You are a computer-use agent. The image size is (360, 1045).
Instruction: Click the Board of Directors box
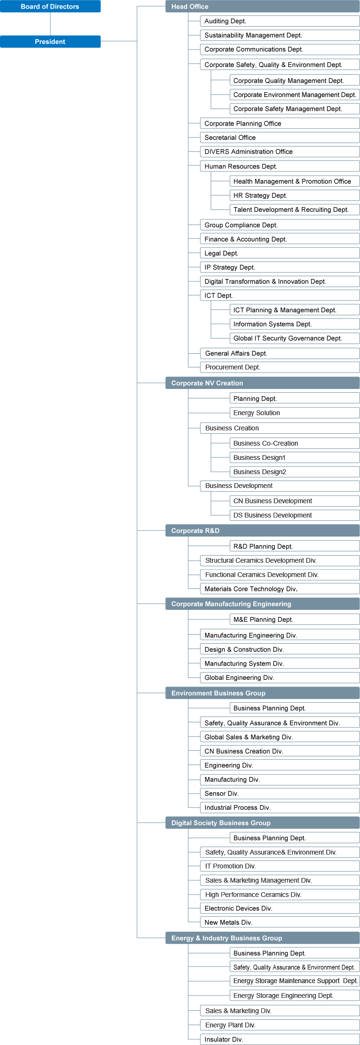(50, 7)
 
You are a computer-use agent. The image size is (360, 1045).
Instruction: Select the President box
(50, 42)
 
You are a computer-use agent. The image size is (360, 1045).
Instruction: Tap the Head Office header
(262, 7)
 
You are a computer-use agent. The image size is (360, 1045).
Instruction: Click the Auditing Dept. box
(280, 21)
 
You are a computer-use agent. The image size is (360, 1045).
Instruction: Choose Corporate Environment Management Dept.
(294, 95)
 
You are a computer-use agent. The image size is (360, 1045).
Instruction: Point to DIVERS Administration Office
(280, 151)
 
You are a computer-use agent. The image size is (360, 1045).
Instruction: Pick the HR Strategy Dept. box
(294, 195)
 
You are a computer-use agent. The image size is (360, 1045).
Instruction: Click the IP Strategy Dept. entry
(280, 267)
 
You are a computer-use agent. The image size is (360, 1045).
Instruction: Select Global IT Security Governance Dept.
(294, 338)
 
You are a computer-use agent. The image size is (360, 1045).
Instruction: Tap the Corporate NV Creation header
(262, 383)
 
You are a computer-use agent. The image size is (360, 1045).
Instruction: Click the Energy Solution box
(294, 413)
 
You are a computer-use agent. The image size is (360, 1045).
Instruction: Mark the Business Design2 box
(294, 472)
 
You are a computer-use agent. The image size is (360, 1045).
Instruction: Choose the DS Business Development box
(294, 515)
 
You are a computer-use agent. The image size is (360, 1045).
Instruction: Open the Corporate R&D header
(262, 531)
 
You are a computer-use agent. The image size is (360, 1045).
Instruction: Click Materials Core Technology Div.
(280, 589)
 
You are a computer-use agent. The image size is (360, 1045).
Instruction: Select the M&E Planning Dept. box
(294, 619)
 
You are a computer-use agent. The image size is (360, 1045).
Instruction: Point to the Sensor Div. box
(280, 794)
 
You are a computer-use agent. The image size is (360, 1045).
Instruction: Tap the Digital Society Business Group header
(262, 823)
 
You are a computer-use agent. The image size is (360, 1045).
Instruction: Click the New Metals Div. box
(280, 922)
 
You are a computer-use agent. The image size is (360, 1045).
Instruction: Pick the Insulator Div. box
(280, 1039)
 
